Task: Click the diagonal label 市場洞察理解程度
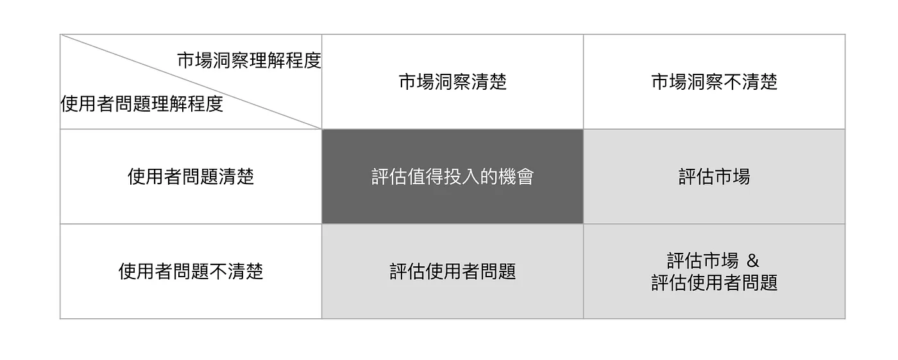pyautogui.click(x=249, y=61)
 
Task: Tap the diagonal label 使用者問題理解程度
pyautogui.click(x=142, y=104)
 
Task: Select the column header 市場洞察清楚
pyautogui.click(x=452, y=82)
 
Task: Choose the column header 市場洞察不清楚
pyautogui.click(x=714, y=82)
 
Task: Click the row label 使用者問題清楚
pyautogui.click(x=191, y=176)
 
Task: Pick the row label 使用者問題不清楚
pyautogui.click(x=191, y=271)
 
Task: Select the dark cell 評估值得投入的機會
pyautogui.click(x=452, y=176)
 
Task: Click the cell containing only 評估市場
pyautogui.click(x=714, y=176)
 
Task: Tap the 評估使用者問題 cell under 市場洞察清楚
pyautogui.click(x=452, y=271)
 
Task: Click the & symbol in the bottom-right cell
pyautogui.click(x=753, y=261)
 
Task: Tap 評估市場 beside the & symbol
pyautogui.click(x=702, y=261)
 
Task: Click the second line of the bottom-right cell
pyautogui.click(x=714, y=283)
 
